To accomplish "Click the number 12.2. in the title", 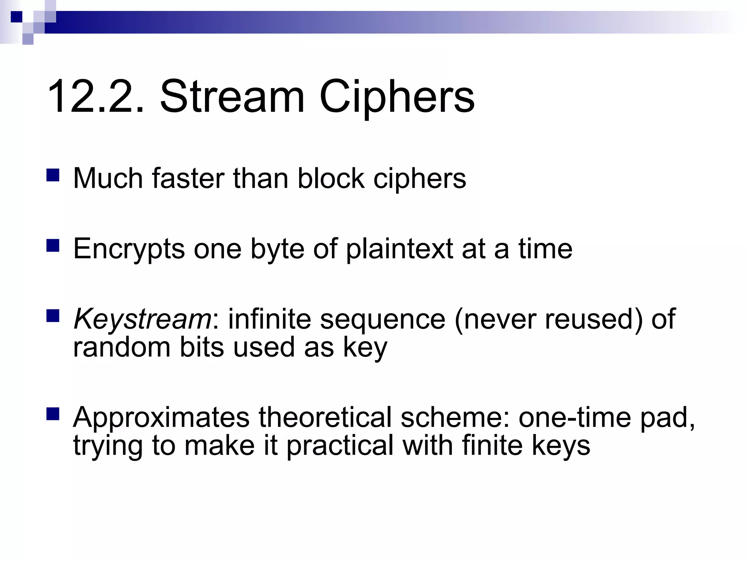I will [x=96, y=97].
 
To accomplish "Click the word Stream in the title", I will [x=232, y=97].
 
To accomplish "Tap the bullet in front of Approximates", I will [x=53, y=414].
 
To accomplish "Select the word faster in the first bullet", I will [x=188, y=179].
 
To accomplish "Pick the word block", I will [x=331, y=179].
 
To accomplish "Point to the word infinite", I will [x=270, y=319].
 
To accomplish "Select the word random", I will [x=121, y=347].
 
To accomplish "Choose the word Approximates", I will [x=161, y=418].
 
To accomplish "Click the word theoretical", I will [x=325, y=417].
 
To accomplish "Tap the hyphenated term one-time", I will [x=575, y=417].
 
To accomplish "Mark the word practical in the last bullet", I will [x=340, y=446].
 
